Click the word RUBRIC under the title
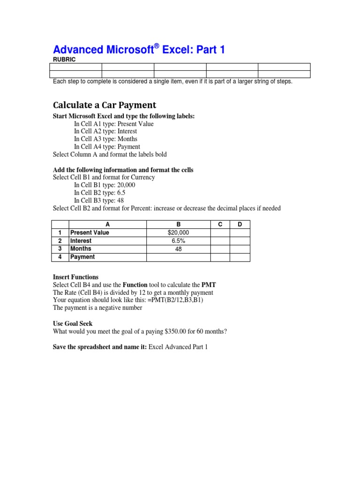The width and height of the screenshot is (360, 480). coord(64,60)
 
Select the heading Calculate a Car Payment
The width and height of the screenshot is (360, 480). coord(105,105)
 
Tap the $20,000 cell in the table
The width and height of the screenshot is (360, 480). coord(178,232)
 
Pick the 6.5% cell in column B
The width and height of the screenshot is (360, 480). coord(178,241)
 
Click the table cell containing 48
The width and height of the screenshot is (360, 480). coord(178,249)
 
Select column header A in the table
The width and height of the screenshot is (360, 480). coord(107,225)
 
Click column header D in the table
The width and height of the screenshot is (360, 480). coord(240,225)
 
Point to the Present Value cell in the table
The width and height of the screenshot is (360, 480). coord(90,232)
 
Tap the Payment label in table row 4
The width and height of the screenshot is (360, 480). coord(82,257)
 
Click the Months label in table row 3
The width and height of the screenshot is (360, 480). coord(81,249)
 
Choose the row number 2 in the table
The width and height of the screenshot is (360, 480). coord(60,241)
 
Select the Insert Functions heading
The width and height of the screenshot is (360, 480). coord(75,277)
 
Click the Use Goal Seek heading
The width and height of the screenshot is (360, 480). coord(73,323)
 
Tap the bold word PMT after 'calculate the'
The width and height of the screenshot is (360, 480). coord(209,285)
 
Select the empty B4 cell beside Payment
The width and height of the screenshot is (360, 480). coord(178,257)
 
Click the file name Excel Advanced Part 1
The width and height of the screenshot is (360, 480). coord(178,347)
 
